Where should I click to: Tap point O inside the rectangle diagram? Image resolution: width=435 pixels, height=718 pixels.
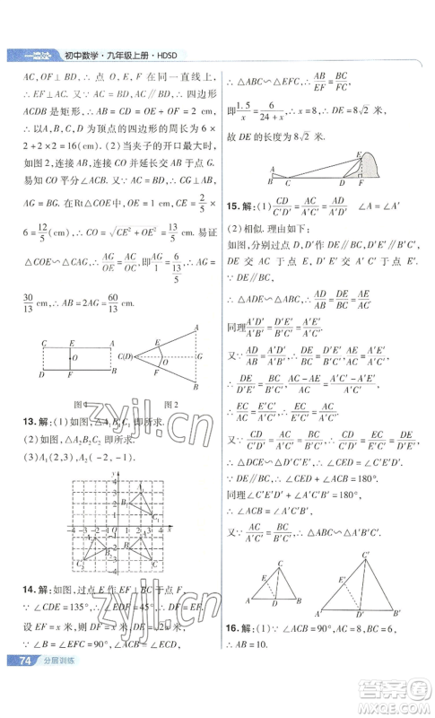(x=75, y=356)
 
